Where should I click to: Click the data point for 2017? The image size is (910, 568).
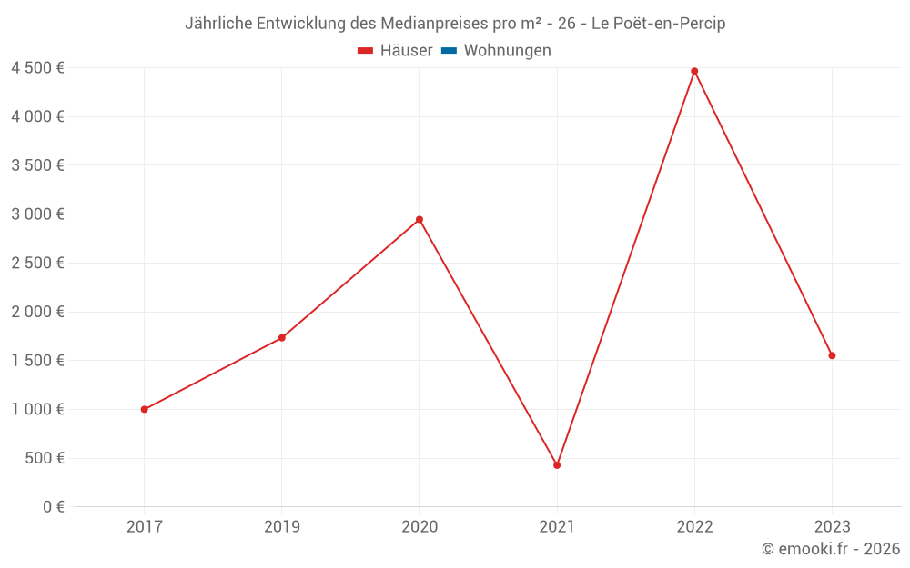point(145,409)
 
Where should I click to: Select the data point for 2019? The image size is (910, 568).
point(282,338)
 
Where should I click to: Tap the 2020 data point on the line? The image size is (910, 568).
point(420,219)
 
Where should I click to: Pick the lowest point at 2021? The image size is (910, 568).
point(557,465)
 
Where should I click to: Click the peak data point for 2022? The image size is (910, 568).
point(694,71)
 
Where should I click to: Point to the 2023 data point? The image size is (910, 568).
point(832,355)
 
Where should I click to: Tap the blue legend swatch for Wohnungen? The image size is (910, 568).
point(449,51)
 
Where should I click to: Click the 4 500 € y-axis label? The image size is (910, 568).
point(37,68)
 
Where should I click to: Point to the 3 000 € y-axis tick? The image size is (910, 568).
point(37,214)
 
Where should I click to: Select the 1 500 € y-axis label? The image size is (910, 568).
point(37,361)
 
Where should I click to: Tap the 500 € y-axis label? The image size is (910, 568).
point(43,458)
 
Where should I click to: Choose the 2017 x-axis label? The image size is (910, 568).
point(145,526)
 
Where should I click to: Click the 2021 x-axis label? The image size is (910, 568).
point(557,526)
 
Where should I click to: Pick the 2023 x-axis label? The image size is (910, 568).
point(832,526)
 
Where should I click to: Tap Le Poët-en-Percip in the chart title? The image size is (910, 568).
point(658,24)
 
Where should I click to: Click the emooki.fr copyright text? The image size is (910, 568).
point(831,549)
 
